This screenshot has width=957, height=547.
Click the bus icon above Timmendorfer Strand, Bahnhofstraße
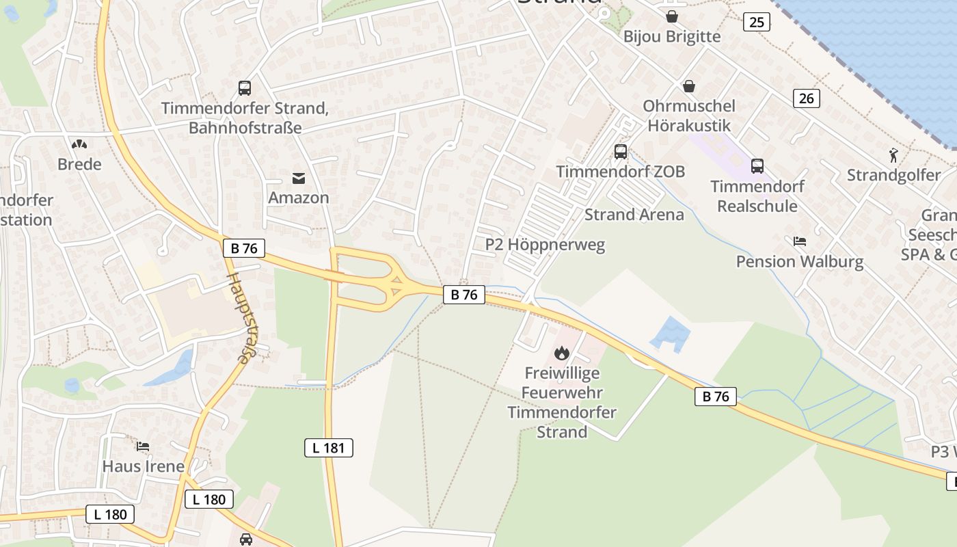click(245, 88)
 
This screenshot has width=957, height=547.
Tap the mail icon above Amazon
click(299, 178)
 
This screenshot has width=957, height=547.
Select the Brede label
click(79, 164)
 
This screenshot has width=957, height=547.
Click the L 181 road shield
click(328, 448)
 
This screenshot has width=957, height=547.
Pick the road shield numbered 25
click(756, 23)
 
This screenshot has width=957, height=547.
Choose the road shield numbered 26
click(807, 98)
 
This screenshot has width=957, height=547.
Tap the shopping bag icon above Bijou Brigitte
click(672, 16)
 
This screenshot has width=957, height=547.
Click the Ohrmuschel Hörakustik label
click(689, 116)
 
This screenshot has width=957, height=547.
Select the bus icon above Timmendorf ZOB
click(621, 152)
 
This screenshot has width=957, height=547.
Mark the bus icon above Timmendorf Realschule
click(757, 165)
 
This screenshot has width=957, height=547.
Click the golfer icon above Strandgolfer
click(893, 155)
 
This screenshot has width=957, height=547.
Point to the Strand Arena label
click(634, 215)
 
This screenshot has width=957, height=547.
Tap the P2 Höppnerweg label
click(545, 245)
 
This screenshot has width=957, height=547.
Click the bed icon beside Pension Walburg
click(800, 241)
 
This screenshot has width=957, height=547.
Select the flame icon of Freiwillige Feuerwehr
click(562, 353)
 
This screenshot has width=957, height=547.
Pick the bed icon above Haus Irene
click(143, 446)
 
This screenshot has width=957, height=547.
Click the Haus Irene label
click(143, 466)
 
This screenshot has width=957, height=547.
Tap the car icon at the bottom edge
click(246, 539)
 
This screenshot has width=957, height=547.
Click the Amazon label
click(299, 198)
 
